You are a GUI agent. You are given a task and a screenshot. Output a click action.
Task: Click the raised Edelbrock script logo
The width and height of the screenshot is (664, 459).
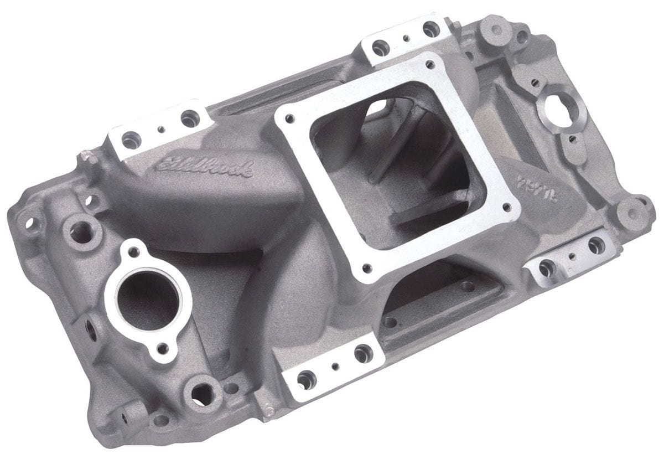[x=205, y=165]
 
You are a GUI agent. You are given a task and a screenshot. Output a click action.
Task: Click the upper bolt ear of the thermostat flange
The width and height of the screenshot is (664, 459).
[x=131, y=252]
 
